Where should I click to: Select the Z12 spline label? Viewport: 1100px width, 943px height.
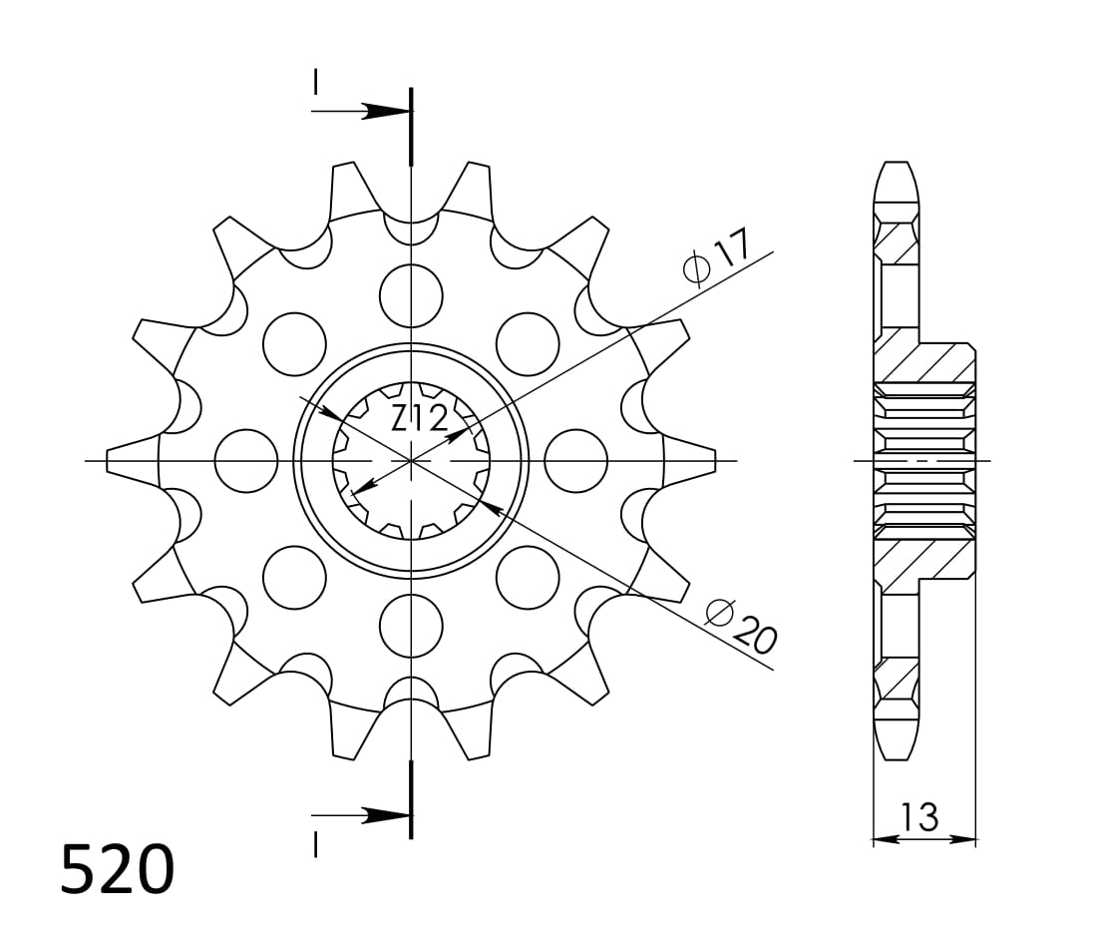click(418, 419)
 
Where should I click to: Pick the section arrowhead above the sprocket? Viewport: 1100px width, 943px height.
click(383, 111)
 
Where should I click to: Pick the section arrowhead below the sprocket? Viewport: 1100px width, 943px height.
click(383, 815)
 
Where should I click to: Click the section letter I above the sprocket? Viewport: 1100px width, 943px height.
click(315, 82)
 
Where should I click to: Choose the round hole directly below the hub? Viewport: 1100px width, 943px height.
click(411, 626)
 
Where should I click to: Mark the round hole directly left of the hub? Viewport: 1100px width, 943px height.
click(245, 461)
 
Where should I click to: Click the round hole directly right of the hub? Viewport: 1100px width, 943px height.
click(576, 461)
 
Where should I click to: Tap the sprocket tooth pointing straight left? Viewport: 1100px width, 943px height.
click(130, 461)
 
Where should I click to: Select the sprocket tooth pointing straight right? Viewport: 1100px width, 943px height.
click(692, 461)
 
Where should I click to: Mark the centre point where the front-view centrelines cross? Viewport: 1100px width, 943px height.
click(411, 461)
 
